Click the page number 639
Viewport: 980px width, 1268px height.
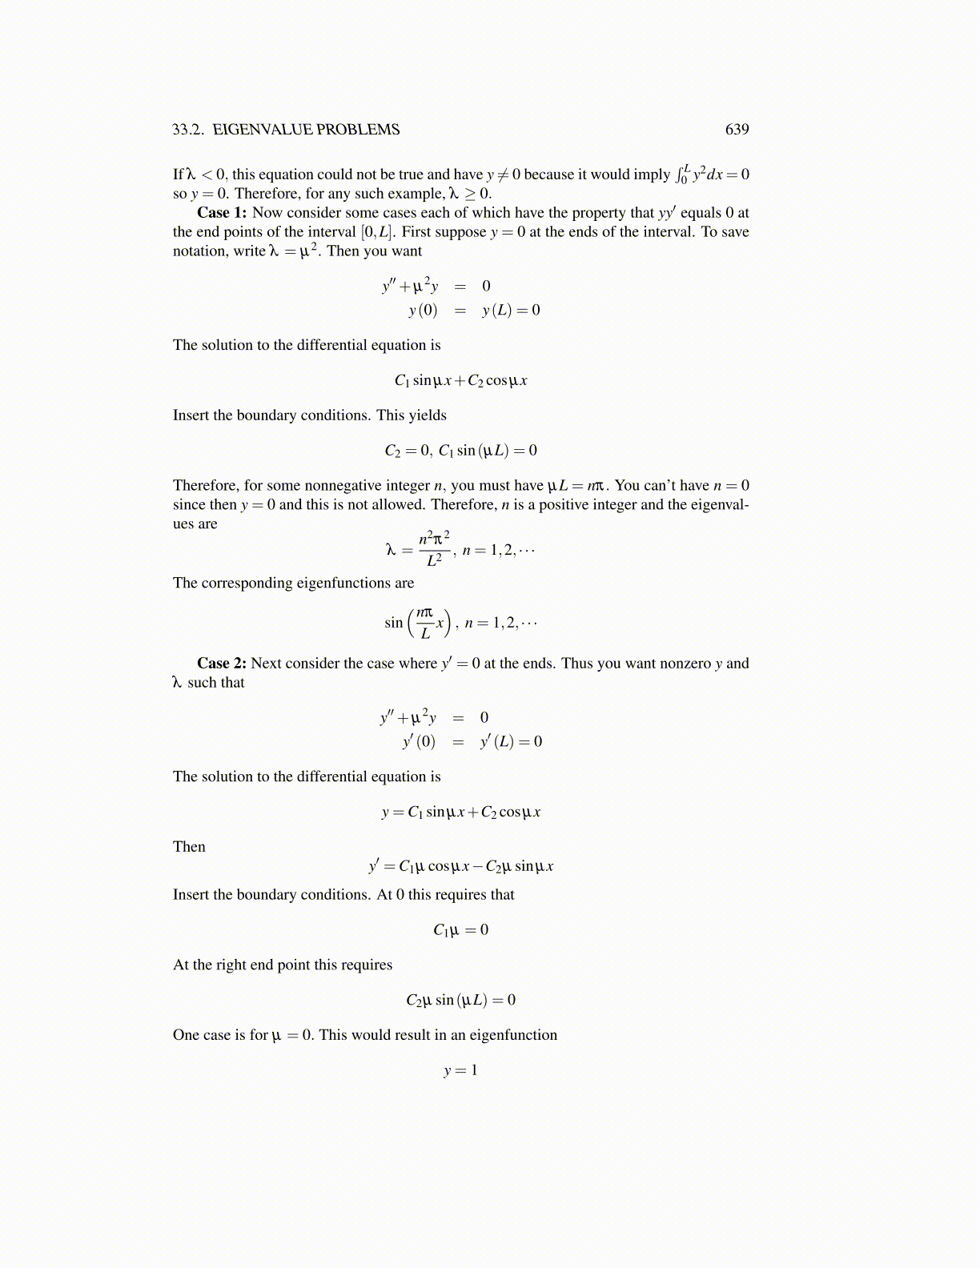[737, 130]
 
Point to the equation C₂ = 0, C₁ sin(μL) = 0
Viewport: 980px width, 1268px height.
[460, 451]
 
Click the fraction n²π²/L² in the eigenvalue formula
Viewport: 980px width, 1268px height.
[435, 548]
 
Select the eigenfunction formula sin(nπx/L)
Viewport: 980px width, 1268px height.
[418, 623]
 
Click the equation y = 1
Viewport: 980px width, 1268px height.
[460, 1070]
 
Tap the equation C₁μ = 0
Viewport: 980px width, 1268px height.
[460, 930]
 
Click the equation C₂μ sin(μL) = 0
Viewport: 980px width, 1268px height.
[460, 1001]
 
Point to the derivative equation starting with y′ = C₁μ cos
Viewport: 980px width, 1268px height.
[460, 866]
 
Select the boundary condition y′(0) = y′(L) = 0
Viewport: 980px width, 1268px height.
[472, 742]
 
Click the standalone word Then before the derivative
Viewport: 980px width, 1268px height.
[189, 847]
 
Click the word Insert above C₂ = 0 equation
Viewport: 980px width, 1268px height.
[191, 415]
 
